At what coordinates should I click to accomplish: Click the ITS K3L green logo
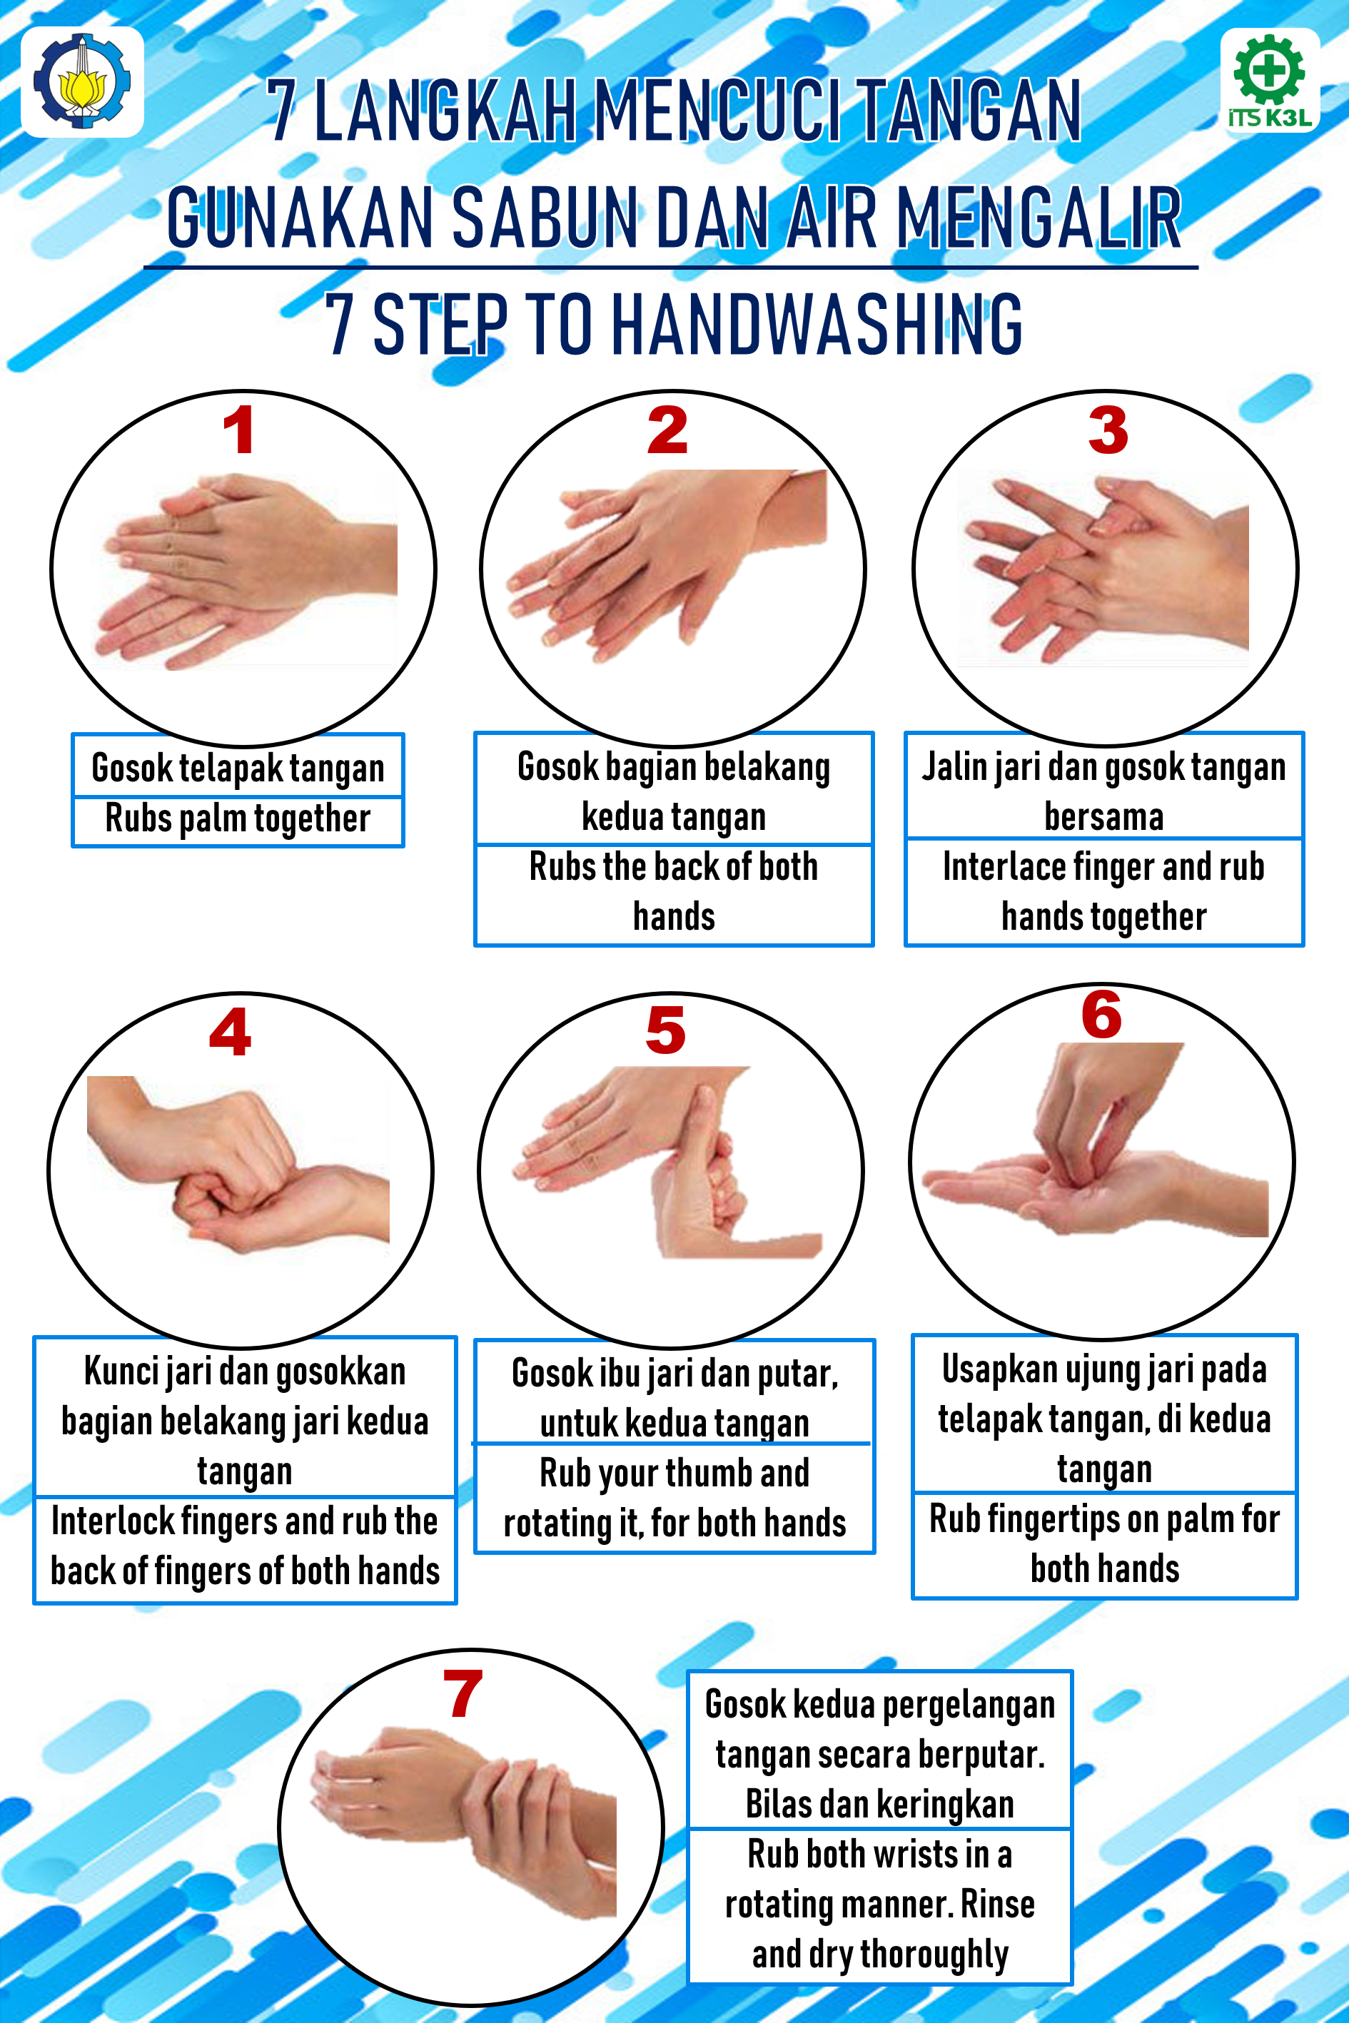point(1270,80)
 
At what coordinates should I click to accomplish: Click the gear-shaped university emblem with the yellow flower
point(82,82)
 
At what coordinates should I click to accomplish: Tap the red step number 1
point(238,431)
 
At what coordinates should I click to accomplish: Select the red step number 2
point(667,431)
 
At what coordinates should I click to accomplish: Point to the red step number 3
point(1108,431)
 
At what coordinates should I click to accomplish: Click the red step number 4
point(231,1032)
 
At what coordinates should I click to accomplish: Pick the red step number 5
point(666,1030)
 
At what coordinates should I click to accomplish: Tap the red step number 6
point(1102,1015)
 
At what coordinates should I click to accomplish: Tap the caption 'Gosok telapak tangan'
point(238,768)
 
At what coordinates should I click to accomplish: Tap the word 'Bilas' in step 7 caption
point(772,1804)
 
